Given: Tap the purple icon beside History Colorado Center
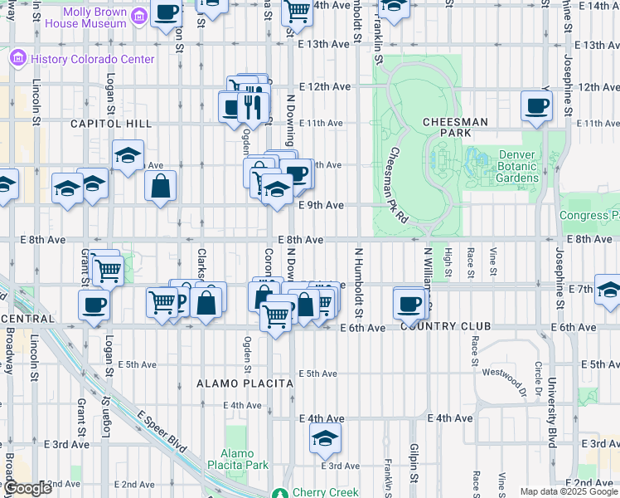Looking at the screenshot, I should tap(17, 60).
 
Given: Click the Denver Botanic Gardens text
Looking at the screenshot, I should tap(519, 166).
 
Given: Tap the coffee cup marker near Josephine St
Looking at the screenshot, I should tap(536, 106).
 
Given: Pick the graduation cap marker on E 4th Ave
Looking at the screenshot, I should tap(326, 438).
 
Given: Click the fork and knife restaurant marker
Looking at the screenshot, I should tap(252, 106).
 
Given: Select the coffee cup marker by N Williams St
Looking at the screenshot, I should tap(409, 303).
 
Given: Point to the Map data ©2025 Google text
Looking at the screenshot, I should tap(569, 491).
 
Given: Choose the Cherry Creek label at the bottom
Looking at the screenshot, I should tap(325, 492).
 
